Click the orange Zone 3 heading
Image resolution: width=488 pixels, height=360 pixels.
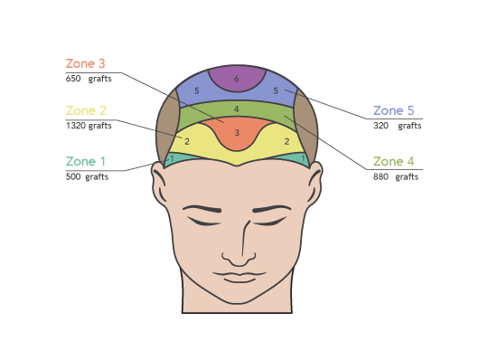coord(86,63)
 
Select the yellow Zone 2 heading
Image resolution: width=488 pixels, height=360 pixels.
coord(86,110)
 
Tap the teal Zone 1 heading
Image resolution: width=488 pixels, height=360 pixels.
coord(86,161)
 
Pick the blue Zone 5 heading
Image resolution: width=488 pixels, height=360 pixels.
coord(394,110)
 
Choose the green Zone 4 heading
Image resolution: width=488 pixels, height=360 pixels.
coord(394,161)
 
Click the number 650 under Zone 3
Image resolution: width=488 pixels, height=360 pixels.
coord(73,79)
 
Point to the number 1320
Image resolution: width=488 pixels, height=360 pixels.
coord(76,126)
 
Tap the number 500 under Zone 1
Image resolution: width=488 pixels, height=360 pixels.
coord(73,176)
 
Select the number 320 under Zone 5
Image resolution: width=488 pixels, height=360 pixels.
coord(381,126)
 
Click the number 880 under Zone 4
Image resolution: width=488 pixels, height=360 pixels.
coord(381,176)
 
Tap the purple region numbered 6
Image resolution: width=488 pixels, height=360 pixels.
coord(237,78)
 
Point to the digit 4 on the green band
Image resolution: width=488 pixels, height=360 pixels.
coord(237,109)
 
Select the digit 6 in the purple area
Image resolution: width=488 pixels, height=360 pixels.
coord(237,79)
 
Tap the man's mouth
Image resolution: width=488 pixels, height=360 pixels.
coord(239,277)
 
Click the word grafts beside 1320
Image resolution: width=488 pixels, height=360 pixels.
coord(100,126)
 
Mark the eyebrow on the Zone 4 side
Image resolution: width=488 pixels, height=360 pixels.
coord(272,208)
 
